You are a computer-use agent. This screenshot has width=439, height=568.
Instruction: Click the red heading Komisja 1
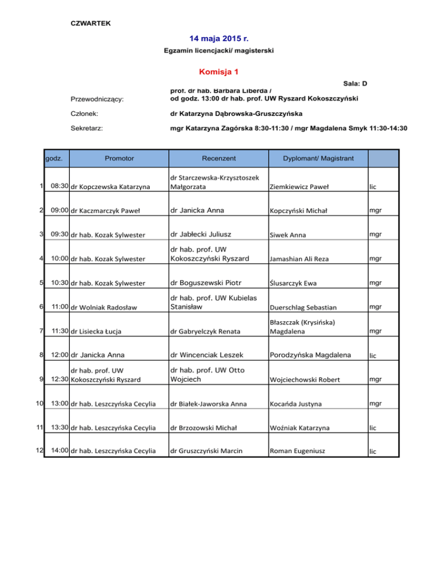point(219,72)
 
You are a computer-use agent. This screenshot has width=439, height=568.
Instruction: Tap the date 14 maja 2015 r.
point(219,39)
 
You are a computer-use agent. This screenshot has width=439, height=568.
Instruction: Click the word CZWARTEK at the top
point(90,23)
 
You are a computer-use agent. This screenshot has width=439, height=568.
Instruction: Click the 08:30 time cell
point(60,186)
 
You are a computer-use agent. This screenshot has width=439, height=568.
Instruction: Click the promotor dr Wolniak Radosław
point(104,308)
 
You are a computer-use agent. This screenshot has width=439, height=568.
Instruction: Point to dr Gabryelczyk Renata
point(207,331)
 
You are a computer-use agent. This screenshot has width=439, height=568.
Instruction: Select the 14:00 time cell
point(60,450)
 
